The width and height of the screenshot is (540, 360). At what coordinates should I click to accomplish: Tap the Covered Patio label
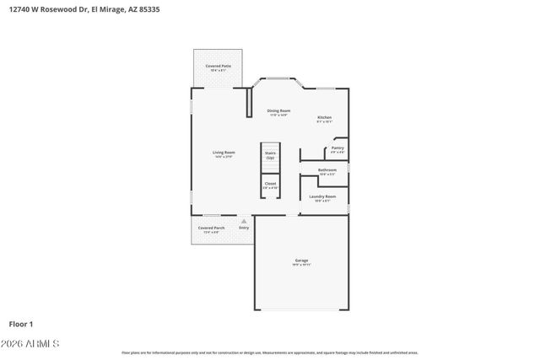point(219,65)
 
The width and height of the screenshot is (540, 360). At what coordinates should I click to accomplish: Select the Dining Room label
point(278,110)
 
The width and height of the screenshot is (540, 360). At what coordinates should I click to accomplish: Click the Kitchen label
point(324,117)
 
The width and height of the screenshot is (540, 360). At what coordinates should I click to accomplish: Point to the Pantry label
point(337,148)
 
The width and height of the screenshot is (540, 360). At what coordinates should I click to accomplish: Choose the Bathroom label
point(327,169)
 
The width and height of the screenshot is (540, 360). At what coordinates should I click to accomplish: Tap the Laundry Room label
point(322,196)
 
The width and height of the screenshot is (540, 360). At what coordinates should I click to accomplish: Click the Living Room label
point(224,152)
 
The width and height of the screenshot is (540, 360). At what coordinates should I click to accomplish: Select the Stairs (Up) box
point(270,155)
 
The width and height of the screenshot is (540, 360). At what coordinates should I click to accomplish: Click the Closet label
point(270,183)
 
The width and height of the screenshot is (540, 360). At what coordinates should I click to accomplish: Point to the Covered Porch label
point(210,228)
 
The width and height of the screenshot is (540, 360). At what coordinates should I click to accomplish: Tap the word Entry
point(244,228)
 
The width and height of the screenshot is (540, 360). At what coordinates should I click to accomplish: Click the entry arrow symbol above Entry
point(244,221)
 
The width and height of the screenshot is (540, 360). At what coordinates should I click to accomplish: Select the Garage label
point(301,261)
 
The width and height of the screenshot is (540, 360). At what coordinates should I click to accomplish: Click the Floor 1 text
point(22,323)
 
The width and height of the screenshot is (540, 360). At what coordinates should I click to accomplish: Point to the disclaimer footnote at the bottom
point(269,352)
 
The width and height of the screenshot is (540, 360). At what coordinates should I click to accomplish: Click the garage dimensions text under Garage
point(301,266)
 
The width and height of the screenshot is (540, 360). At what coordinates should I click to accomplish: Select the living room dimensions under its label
point(224,157)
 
